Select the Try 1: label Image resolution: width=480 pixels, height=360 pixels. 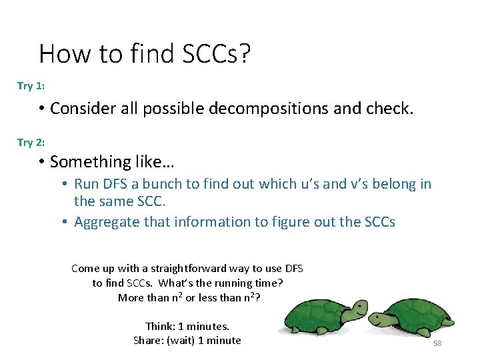coord(31,86)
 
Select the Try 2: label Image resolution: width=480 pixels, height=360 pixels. coord(31,142)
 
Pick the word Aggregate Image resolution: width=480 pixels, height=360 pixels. coord(103,221)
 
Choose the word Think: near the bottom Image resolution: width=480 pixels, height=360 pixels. coord(161,326)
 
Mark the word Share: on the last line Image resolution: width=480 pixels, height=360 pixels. coord(148,340)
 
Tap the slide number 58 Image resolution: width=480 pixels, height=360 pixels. coord(437,343)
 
